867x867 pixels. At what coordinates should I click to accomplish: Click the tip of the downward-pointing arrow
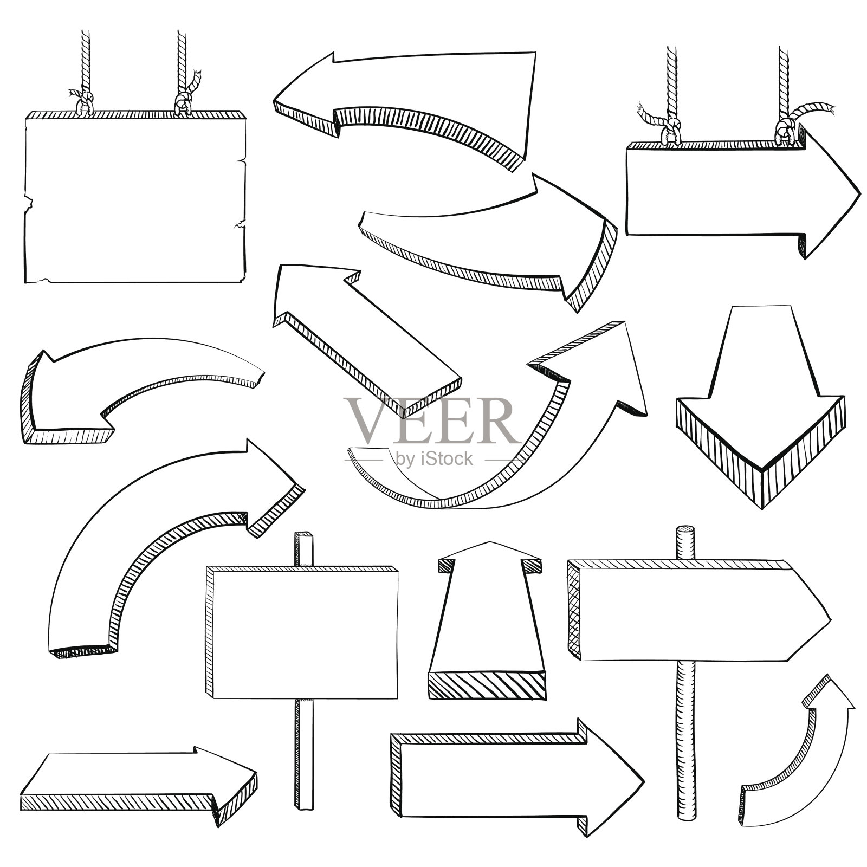click(762, 510)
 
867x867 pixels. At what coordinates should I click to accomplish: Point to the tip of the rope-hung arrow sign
click(860, 194)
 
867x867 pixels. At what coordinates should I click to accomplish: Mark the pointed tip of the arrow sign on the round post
click(831, 619)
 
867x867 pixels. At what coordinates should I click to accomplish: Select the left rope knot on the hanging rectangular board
click(82, 100)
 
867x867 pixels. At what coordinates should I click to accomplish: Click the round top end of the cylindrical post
click(685, 531)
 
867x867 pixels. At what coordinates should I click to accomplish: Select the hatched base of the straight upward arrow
click(487, 686)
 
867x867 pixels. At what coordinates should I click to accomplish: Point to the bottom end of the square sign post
click(303, 806)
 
